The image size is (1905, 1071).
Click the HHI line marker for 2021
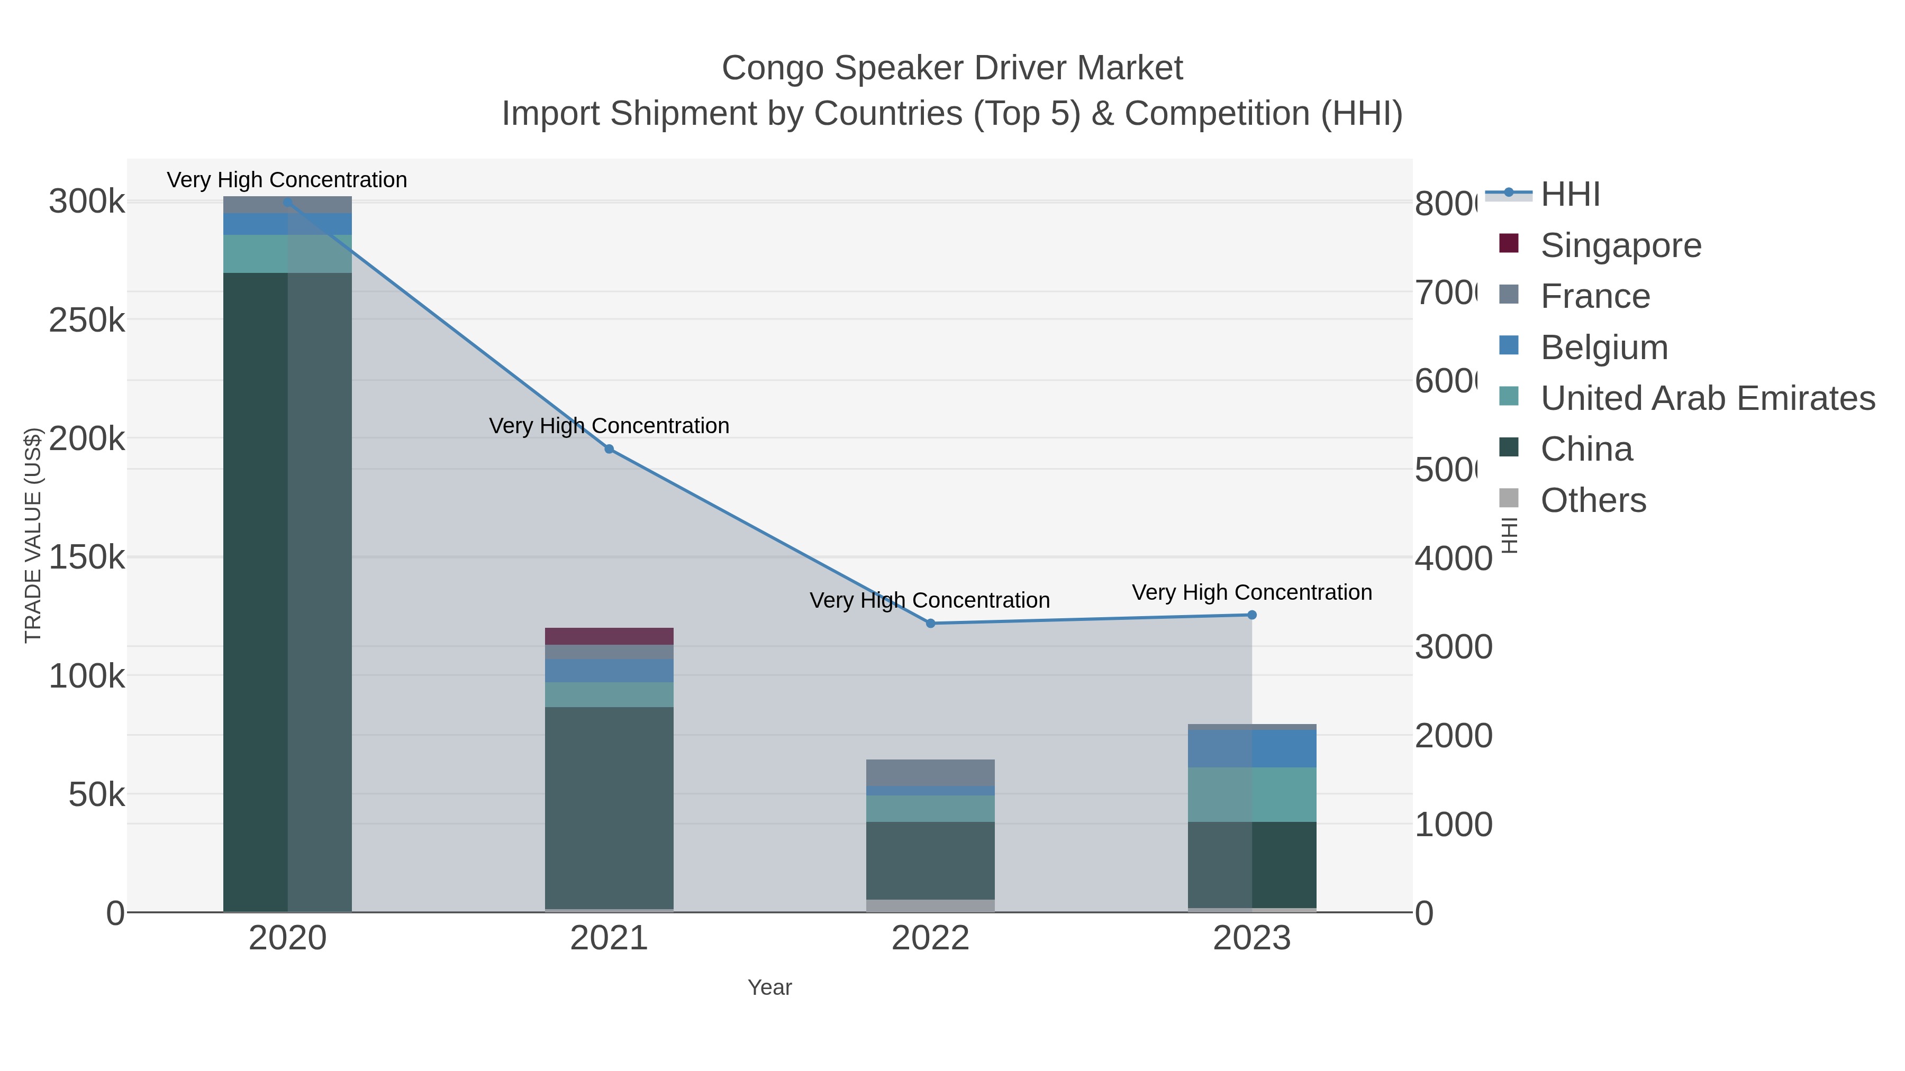pyautogui.click(x=609, y=448)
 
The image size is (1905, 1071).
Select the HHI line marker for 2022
pyautogui.click(x=930, y=623)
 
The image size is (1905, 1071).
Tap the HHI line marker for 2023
pyautogui.click(x=1251, y=615)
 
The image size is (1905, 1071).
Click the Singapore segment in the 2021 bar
pyautogui.click(x=609, y=636)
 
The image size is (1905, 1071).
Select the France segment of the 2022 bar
pyautogui.click(x=930, y=772)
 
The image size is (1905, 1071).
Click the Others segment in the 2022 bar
pyautogui.click(x=930, y=905)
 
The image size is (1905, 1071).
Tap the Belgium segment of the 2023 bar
pyautogui.click(x=1251, y=748)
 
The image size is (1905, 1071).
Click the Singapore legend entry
pyautogui.click(x=1620, y=245)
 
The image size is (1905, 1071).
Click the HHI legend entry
pyautogui.click(x=1570, y=195)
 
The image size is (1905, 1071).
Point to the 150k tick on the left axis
pyautogui.click(x=87, y=557)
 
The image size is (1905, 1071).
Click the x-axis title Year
pyautogui.click(x=769, y=987)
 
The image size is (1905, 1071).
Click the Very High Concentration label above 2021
pyautogui.click(x=609, y=426)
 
